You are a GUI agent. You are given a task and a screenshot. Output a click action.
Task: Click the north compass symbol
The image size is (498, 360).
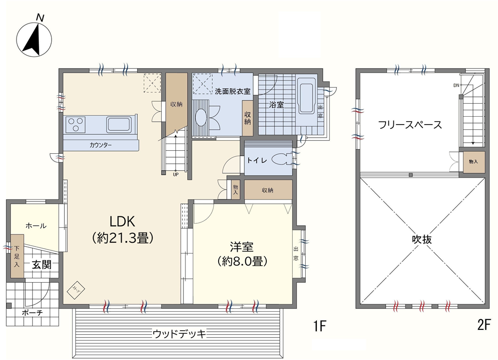pos(34,38)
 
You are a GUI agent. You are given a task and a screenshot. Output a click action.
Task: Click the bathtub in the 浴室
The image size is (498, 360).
pos(307,98)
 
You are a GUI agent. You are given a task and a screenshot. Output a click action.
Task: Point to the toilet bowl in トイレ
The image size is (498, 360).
pos(281,159)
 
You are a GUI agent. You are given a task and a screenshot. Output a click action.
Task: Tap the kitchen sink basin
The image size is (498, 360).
pos(118,125)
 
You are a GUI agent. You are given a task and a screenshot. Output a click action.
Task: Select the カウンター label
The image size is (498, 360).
pos(101,145)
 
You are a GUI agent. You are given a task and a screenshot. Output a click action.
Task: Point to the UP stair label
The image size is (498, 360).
pos(176,174)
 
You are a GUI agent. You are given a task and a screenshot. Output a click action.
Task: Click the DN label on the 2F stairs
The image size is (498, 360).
pos(457,86)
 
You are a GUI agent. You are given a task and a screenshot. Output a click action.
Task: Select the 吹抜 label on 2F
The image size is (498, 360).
pos(422,239)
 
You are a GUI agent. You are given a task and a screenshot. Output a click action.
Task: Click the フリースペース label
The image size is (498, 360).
pos(410,125)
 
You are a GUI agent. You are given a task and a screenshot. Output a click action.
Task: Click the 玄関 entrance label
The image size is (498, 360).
pos(41,265)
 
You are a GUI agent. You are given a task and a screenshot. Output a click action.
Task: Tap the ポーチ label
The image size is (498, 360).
pos(32,313)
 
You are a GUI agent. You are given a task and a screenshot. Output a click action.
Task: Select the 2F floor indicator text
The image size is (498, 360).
pos(484,325)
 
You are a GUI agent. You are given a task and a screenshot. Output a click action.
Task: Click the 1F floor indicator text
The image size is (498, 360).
pos(320,326)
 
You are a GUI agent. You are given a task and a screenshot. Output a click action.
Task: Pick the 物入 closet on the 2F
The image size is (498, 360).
pos(474,162)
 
